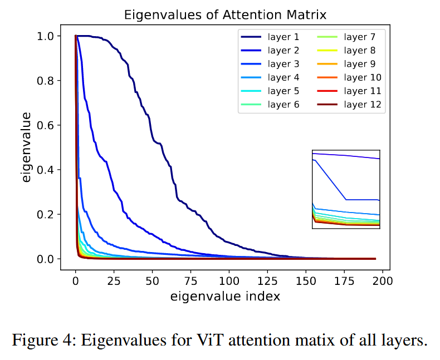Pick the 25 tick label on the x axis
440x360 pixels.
(x=114, y=280)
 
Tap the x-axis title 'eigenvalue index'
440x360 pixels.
(x=225, y=296)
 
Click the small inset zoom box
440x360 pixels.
(x=346, y=189)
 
